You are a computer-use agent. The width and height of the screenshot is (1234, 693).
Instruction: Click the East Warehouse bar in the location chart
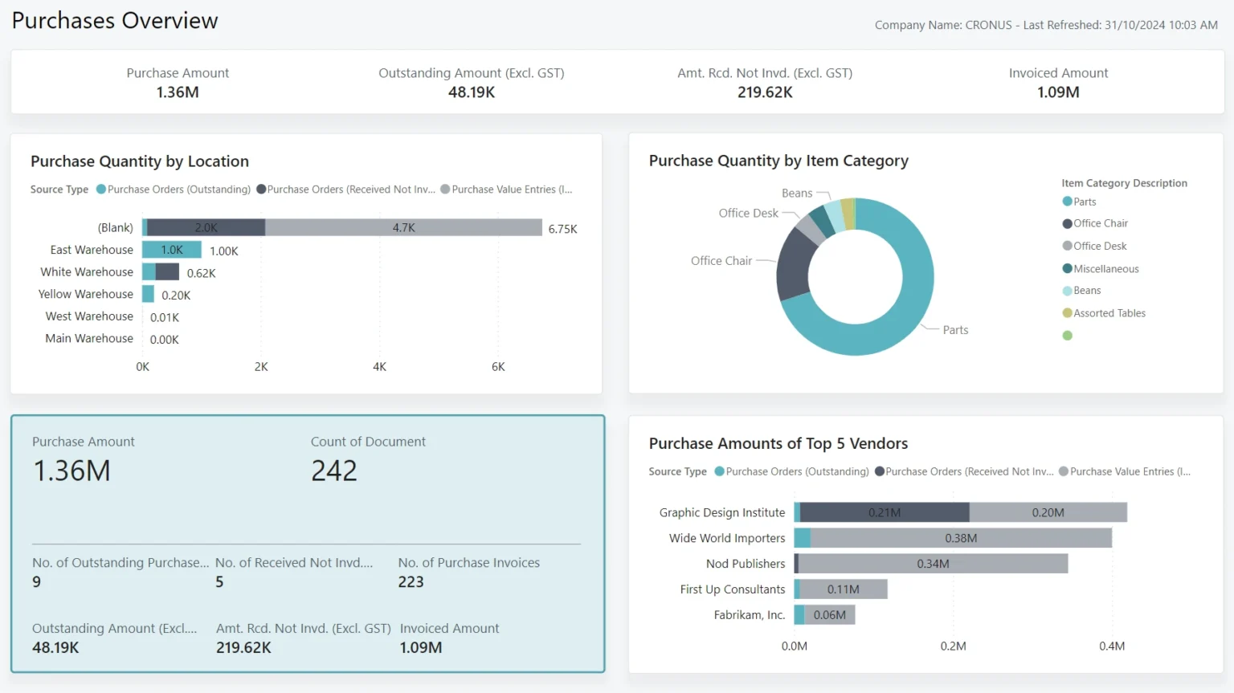pyautogui.click(x=172, y=250)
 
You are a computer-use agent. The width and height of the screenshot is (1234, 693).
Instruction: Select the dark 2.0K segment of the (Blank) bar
pyautogui.click(x=206, y=227)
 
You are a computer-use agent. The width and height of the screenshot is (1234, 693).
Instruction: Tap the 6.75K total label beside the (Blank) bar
pyautogui.click(x=562, y=229)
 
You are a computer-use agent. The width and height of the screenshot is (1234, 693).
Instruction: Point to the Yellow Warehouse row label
pyautogui.click(x=86, y=294)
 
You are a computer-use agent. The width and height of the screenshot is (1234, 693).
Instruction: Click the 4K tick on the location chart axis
pyautogui.click(x=379, y=367)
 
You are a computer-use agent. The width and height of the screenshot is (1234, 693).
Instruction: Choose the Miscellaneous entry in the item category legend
pyautogui.click(x=1105, y=269)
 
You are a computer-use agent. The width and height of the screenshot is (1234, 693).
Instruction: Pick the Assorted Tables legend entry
pyautogui.click(x=1109, y=313)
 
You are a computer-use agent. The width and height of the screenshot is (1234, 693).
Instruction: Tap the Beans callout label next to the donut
pyautogui.click(x=797, y=194)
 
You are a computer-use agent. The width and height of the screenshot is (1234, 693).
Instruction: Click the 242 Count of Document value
pyautogui.click(x=334, y=471)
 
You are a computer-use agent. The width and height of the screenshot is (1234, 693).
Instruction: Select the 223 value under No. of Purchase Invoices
pyautogui.click(x=411, y=582)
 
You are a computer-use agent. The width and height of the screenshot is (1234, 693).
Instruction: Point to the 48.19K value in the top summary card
pyautogui.click(x=472, y=92)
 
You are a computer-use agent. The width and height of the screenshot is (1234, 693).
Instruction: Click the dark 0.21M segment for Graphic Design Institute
pyautogui.click(x=885, y=512)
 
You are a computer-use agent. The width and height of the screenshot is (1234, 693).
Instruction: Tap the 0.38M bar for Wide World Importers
pyautogui.click(x=961, y=538)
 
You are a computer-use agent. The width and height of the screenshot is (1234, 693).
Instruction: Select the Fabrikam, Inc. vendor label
pyautogui.click(x=749, y=615)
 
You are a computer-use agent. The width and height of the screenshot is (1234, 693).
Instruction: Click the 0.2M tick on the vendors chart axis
pyautogui.click(x=953, y=646)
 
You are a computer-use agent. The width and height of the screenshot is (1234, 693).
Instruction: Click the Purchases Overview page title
pyautogui.click(x=115, y=21)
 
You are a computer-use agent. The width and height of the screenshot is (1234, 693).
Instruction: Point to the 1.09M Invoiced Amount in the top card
pyautogui.click(x=1058, y=92)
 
